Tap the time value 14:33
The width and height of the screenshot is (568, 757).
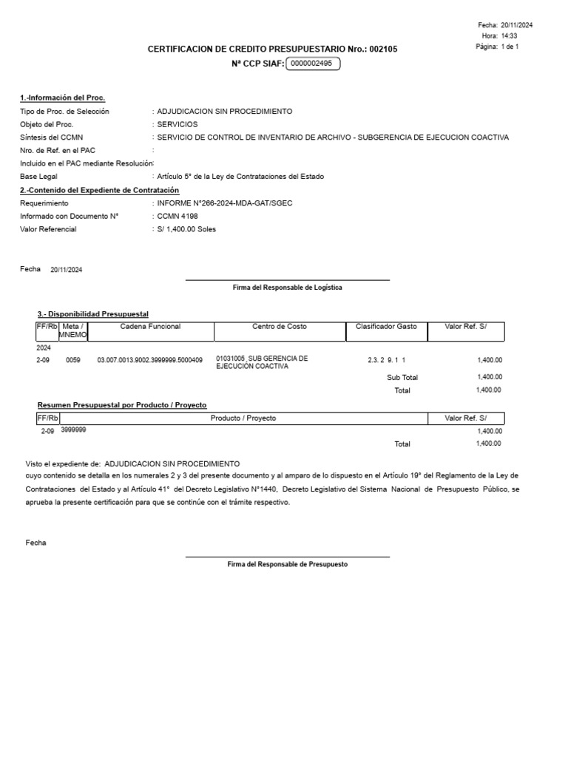(x=509, y=35)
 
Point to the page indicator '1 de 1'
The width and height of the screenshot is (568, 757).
(x=510, y=47)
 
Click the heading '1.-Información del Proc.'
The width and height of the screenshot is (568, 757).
(x=62, y=98)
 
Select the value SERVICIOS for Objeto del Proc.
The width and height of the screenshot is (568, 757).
(x=177, y=124)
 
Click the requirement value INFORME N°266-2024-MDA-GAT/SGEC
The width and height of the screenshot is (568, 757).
(x=220, y=203)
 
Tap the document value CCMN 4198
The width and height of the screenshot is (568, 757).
(x=177, y=216)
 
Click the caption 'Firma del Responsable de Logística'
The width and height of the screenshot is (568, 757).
(x=287, y=288)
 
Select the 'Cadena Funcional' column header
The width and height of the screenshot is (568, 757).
(x=150, y=326)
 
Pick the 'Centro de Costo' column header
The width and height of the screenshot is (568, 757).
(x=280, y=326)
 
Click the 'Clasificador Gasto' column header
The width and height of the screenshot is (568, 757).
(x=386, y=326)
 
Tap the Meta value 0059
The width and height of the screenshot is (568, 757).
(x=72, y=360)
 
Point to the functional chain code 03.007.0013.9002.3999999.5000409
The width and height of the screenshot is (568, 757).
(x=149, y=360)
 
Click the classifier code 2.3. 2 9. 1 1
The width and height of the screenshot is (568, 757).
(x=387, y=360)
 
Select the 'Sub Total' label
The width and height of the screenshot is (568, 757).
(x=402, y=377)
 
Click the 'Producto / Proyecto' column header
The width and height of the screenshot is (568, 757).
(x=243, y=418)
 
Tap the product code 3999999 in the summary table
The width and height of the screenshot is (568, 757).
(x=73, y=430)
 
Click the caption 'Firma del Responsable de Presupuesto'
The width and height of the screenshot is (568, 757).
(x=287, y=564)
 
